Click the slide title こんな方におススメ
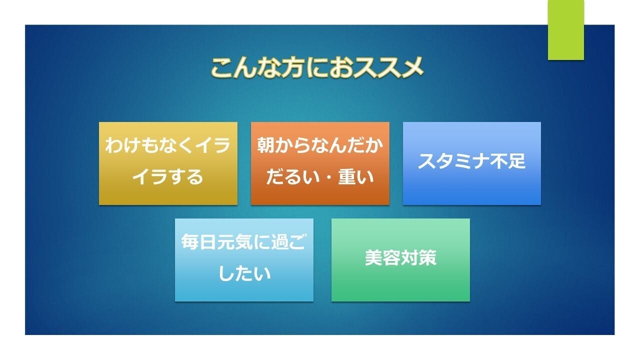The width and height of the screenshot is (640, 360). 317,67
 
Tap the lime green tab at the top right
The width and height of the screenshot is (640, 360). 565,30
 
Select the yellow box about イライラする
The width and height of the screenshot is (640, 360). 168,163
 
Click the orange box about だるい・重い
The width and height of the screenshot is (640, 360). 320,163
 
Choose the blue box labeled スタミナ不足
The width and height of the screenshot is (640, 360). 471,163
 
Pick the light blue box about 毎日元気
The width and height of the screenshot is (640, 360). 244,259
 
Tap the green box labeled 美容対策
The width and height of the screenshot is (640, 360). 400,259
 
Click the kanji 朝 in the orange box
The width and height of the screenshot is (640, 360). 266,145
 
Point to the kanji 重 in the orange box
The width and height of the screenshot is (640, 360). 347,177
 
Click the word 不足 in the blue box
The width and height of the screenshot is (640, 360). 507,161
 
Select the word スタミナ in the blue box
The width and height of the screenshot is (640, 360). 453,161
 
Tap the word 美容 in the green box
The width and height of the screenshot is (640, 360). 382,257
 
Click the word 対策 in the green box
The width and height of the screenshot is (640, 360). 418,257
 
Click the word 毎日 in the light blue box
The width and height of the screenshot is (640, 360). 199,241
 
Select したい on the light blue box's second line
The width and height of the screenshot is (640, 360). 244,273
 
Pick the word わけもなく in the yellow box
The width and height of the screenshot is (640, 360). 150,145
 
